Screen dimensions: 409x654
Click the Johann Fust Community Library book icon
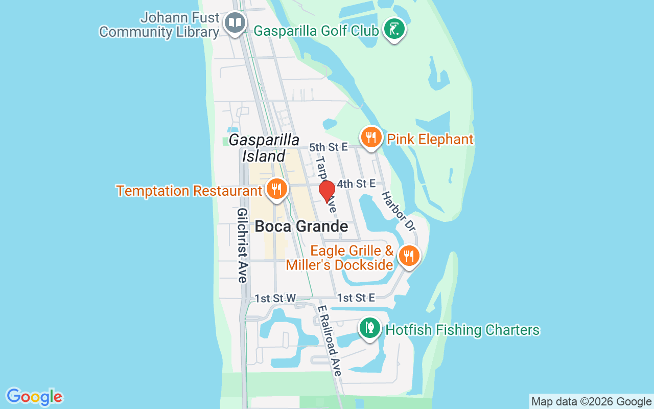click(235, 23)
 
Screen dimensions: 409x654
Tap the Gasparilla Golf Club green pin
click(393, 29)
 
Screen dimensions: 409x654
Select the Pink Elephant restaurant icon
click(371, 138)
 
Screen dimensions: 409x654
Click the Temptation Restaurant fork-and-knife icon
click(276, 189)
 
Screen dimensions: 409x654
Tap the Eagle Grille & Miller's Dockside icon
click(408, 256)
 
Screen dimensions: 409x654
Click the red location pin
click(327, 192)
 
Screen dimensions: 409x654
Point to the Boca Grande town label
click(301, 226)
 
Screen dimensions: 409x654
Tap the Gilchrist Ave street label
click(242, 245)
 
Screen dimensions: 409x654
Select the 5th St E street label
click(328, 147)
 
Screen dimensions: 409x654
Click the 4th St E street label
click(356, 183)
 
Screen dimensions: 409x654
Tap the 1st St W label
click(275, 298)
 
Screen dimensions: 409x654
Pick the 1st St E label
click(356, 298)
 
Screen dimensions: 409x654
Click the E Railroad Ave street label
click(329, 341)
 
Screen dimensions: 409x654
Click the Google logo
click(35, 397)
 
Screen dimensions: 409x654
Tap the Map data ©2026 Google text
click(591, 401)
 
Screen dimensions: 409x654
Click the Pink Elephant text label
click(430, 139)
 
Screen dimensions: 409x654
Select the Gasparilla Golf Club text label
click(316, 31)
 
